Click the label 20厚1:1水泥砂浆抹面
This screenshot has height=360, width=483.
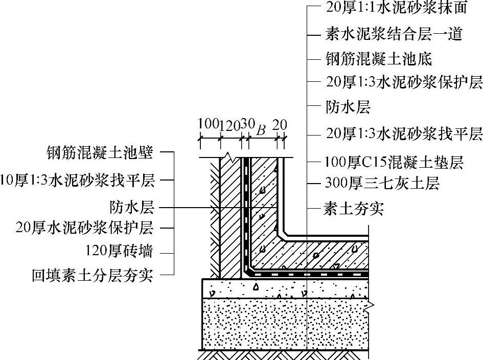[396, 8]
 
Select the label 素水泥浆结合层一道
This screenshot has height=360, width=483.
[394, 34]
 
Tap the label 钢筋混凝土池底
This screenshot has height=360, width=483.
[379, 59]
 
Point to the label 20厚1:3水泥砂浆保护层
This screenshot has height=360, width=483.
[404, 82]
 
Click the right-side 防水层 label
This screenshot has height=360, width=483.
[348, 107]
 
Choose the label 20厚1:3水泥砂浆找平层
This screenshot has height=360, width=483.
[404, 134]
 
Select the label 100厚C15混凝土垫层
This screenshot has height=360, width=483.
[394, 163]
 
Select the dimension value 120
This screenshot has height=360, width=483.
[229, 125]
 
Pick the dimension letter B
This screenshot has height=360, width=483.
[261, 130]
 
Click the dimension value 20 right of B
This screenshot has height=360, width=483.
[280, 125]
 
